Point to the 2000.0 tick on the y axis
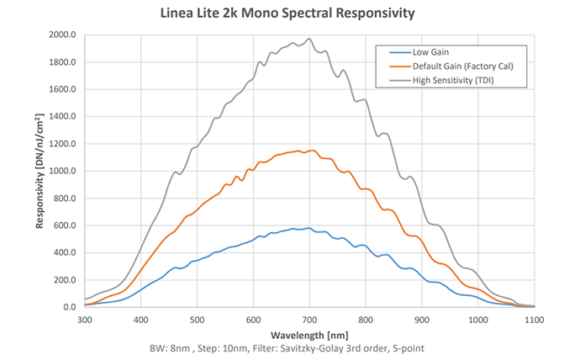point(63,35)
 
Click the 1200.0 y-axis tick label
point(63,144)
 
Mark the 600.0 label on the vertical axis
point(65,225)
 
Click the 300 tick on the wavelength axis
point(84,320)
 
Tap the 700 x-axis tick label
point(309,320)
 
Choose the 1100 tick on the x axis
point(535,320)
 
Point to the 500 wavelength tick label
point(197,320)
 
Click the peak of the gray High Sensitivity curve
point(309,38)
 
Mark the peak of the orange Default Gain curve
point(311,151)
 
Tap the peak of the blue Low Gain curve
point(309,228)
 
